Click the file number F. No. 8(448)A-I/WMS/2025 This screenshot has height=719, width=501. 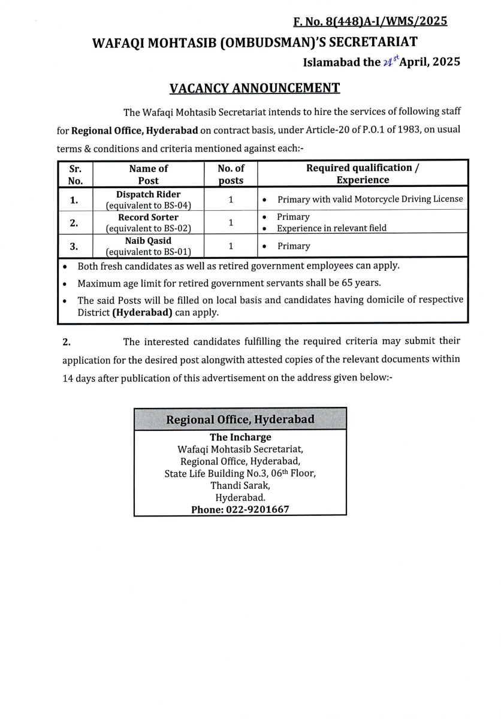pyautogui.click(x=370, y=22)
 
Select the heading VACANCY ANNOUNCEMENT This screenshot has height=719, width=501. pyautogui.click(x=255, y=89)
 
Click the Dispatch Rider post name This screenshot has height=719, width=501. pyautogui.click(x=148, y=195)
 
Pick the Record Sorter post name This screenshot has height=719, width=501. pyautogui.click(x=148, y=217)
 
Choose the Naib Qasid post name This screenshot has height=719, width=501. pyautogui.click(x=148, y=241)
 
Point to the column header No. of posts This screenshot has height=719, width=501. pyautogui.click(x=231, y=174)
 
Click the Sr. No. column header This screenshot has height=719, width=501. pyautogui.click(x=76, y=174)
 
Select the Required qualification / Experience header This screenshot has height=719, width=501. pyautogui.click(x=363, y=174)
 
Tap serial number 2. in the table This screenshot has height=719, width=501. pyautogui.click(x=74, y=223)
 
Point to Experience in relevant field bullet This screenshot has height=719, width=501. pyautogui.click(x=331, y=228)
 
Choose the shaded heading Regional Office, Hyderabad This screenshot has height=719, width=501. pyautogui.click(x=240, y=419)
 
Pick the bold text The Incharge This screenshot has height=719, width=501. pyautogui.click(x=240, y=437)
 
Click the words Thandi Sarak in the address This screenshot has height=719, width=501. pyautogui.click(x=240, y=485)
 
